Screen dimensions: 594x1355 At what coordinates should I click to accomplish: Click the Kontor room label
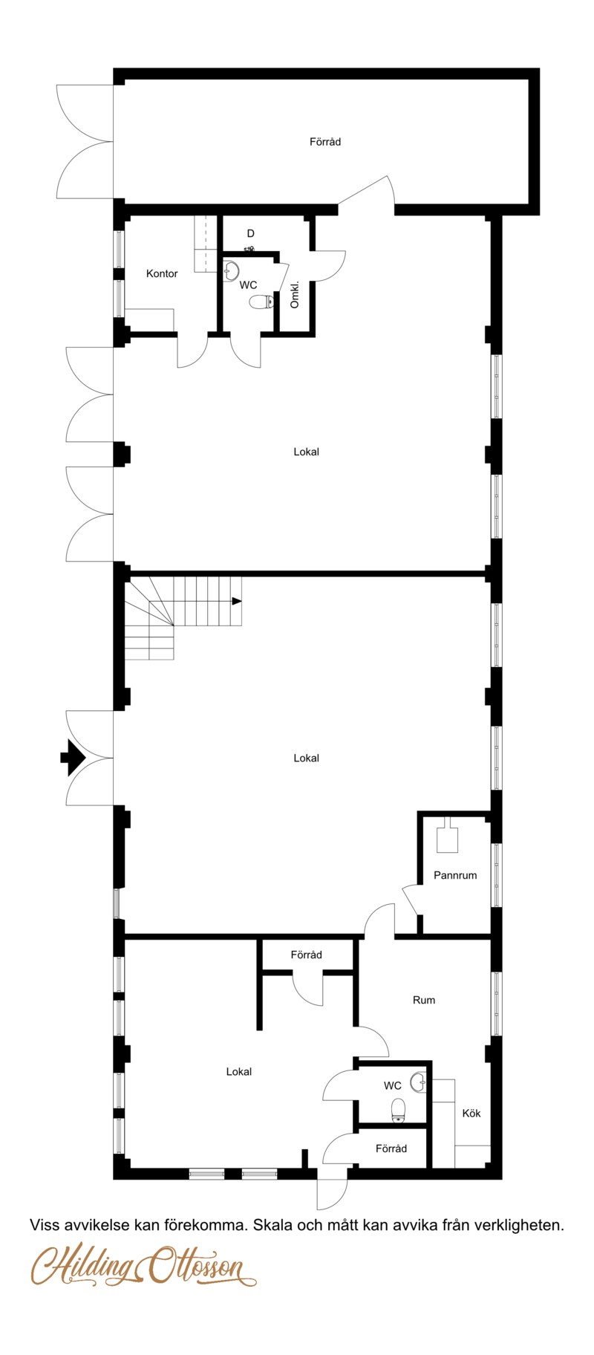[x=162, y=273]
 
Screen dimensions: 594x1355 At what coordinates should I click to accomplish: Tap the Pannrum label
[x=455, y=875]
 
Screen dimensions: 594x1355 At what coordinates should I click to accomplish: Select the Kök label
[x=471, y=1113]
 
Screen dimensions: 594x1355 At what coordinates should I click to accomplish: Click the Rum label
[x=424, y=1000]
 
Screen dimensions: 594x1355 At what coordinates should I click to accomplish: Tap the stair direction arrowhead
[x=237, y=601]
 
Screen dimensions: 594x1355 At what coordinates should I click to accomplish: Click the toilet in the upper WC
[x=261, y=302]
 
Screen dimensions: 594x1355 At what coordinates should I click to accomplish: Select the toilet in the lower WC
[x=399, y=1109]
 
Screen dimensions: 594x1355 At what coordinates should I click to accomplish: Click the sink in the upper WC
[x=231, y=271]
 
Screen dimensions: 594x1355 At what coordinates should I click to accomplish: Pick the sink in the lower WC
[x=419, y=1082]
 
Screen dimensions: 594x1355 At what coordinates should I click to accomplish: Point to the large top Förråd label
[x=325, y=142]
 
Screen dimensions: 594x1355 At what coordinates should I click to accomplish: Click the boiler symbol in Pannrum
[x=447, y=836]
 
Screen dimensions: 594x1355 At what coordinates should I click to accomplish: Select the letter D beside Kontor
[x=251, y=234]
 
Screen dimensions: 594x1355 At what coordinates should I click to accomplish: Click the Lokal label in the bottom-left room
[x=239, y=1071]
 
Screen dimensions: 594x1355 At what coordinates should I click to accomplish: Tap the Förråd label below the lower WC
[x=391, y=1148]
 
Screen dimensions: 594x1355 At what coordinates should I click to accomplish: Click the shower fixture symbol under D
[x=249, y=248]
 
